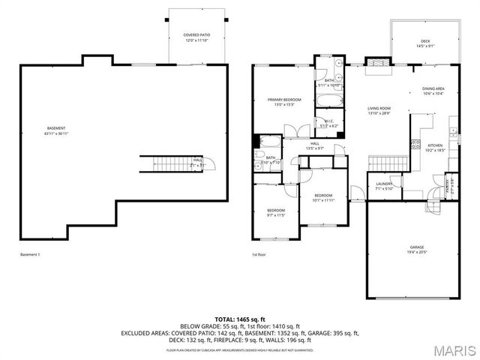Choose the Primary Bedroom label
284,102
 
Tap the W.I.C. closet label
329,123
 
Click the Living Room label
379,110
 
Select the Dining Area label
433,91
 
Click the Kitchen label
435,147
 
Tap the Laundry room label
385,185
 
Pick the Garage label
417,249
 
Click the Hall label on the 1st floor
314,145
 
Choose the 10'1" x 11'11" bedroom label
322,197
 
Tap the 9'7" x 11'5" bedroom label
276,212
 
